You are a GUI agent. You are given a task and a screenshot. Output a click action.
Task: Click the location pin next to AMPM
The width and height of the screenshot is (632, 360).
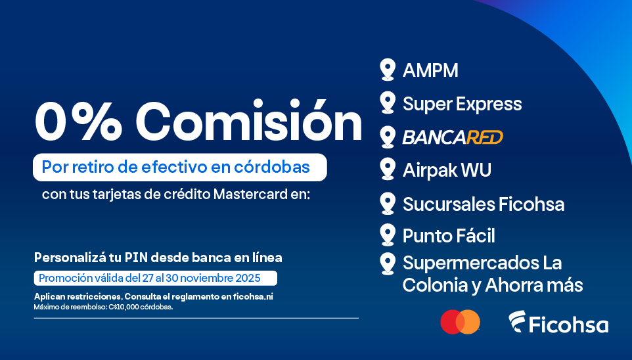(388, 70)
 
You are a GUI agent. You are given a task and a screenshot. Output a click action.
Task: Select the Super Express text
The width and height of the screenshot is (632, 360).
(462, 104)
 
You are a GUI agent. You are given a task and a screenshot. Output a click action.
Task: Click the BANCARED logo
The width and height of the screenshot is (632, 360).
(453, 137)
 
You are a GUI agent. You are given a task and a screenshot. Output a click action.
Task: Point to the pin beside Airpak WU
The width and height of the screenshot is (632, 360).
(388, 169)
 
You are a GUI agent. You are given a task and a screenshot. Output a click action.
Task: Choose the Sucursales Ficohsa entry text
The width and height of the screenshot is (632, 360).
(483, 204)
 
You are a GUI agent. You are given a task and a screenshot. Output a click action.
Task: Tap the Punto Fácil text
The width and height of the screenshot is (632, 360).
(449, 235)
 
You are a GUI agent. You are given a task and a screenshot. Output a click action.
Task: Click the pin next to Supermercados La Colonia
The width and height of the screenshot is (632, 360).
(388, 263)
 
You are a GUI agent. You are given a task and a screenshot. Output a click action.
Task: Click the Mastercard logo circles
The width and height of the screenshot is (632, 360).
(460, 322)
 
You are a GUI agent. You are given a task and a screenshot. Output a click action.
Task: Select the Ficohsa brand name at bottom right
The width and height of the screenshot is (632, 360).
(569, 324)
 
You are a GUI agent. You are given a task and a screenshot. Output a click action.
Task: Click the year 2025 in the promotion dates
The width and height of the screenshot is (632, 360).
(249, 278)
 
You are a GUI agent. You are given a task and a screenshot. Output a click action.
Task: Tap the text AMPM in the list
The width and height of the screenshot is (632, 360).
(430, 70)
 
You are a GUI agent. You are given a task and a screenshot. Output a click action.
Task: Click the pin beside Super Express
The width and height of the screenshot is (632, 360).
(388, 102)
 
